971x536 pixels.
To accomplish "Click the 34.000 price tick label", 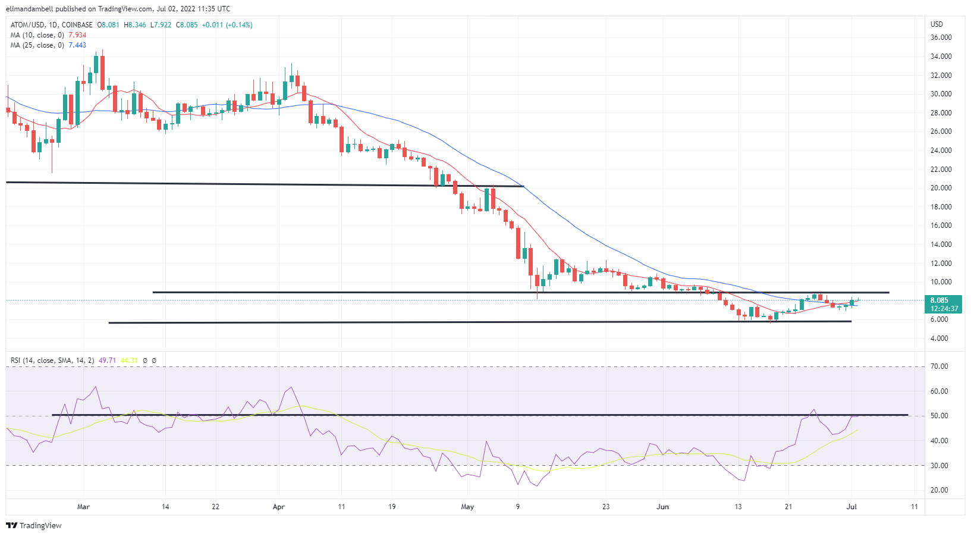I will tap(941, 57).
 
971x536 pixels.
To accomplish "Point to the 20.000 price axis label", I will tap(941, 188).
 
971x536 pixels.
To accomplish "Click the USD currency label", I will tap(937, 24).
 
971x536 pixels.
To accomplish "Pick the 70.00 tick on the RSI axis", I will tap(939, 366).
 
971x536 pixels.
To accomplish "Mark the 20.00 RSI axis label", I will tap(939, 490).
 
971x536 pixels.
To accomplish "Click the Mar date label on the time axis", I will tap(83, 507).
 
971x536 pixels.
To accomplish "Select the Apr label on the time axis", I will tap(278, 507).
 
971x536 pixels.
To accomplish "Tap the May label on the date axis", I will tap(467, 507).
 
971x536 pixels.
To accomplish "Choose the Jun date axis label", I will tap(662, 507).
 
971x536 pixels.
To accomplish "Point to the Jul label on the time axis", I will tap(851, 507).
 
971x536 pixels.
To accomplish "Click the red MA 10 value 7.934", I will tap(77, 35).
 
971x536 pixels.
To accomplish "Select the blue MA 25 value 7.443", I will tap(77, 45).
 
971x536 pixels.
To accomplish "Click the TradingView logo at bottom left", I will tap(34, 525).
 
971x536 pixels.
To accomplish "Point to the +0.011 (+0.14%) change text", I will tap(227, 25).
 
